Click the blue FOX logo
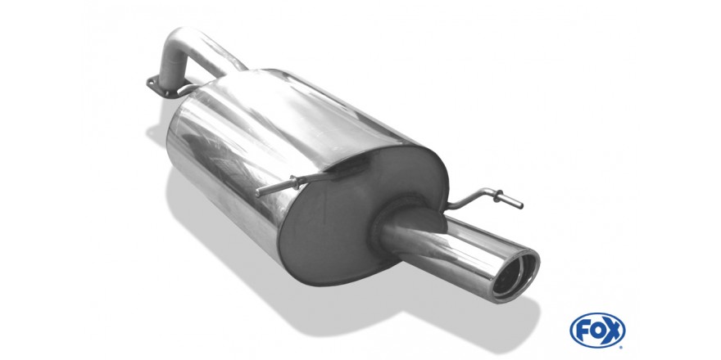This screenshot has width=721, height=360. [597, 331]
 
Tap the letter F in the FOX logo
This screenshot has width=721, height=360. [583, 331]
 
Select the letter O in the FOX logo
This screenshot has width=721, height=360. [596, 331]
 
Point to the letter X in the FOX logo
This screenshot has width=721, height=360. [613, 331]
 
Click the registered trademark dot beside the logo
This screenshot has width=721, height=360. [622, 347]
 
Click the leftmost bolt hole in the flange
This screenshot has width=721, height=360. [151, 83]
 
